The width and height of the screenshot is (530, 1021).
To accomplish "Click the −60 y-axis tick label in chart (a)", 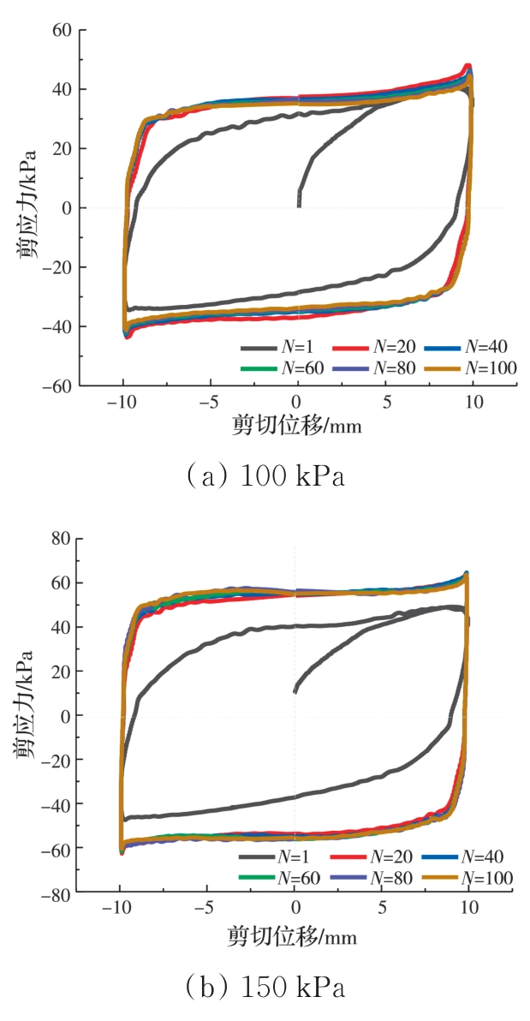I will point(58,386).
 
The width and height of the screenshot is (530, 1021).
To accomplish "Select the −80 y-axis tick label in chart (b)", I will point(56,894).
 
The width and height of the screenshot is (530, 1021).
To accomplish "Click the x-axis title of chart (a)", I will point(296,425).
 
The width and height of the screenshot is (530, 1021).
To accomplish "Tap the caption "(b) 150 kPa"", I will point(265,988).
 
